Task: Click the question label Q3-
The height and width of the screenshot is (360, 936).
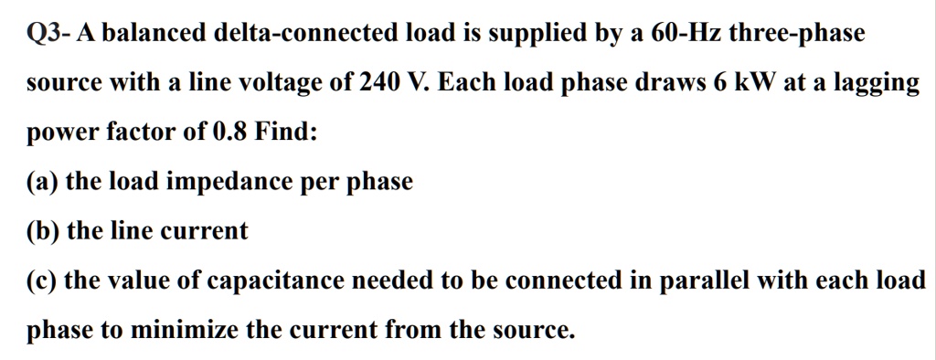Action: click(48, 35)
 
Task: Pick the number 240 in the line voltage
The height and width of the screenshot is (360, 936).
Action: click(376, 83)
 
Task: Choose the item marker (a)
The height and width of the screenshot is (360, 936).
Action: click(43, 182)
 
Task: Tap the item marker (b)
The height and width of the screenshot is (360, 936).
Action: click(44, 231)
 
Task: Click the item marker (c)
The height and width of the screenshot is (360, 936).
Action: click(43, 280)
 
